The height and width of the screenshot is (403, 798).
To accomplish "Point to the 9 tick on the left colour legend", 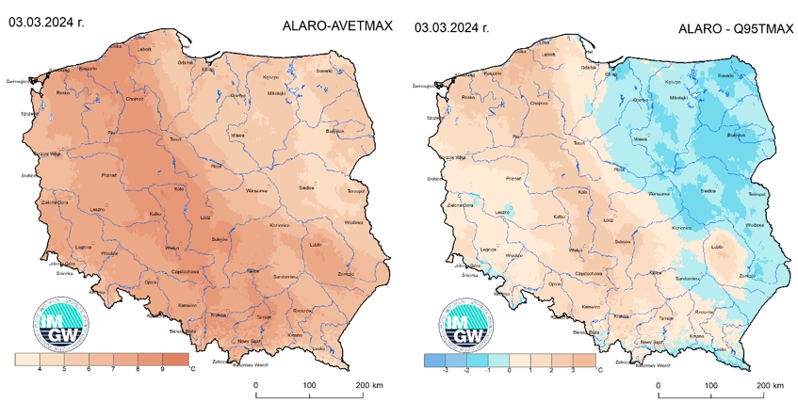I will [160, 371].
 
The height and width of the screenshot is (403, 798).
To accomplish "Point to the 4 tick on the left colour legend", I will [39, 371].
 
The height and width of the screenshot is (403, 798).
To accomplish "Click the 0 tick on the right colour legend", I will [510, 371].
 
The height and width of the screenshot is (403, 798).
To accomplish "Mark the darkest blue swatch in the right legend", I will [434, 360].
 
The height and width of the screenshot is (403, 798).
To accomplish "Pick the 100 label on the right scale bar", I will [710, 385].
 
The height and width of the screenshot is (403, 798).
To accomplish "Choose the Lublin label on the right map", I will [717, 247].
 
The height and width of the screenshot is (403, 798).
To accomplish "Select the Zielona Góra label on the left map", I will [54, 202].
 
